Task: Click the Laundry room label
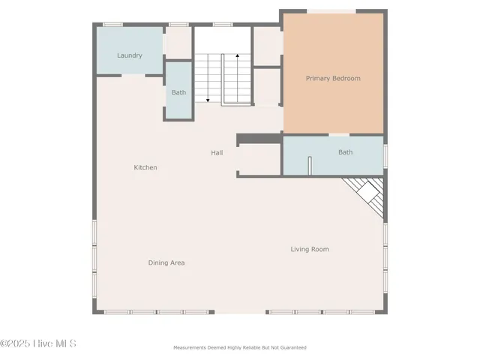[130, 55]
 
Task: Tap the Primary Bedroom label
[333, 78]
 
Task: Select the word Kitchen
[145, 167]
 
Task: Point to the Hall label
[217, 152]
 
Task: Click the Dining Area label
[166, 262]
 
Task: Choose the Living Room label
[310, 249]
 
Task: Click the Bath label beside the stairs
[178, 92]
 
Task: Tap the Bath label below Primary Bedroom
[345, 151]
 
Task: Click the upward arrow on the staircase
[238, 55]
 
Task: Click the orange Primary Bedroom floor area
[333, 105]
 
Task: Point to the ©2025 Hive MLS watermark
[38, 343]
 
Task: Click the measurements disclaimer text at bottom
[240, 347]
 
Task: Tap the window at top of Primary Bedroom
[332, 10]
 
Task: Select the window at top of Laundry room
[112, 24]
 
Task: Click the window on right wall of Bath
[385, 155]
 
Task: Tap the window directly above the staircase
[222, 24]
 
